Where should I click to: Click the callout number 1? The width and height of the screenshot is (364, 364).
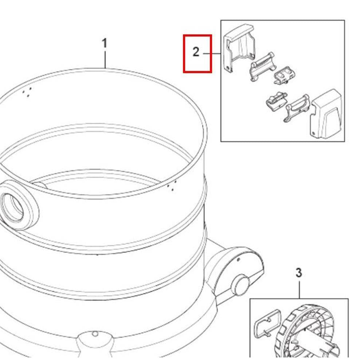(105, 43)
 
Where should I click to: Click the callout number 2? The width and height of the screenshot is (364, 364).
(196, 52)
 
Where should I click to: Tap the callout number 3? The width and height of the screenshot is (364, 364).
(299, 273)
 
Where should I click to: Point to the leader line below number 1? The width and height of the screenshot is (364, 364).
(105, 60)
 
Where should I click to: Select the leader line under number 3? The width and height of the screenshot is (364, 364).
(299, 290)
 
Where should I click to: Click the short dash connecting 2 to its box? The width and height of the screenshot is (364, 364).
(212, 54)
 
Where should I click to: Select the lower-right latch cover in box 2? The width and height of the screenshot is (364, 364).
(326, 114)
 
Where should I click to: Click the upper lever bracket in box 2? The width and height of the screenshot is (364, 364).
(262, 67)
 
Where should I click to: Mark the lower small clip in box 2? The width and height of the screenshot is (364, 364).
(277, 101)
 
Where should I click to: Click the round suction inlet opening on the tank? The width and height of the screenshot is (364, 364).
(13, 207)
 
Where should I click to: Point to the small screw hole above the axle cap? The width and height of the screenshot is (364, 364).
(239, 260)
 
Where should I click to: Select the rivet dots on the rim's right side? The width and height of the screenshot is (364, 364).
(172, 186)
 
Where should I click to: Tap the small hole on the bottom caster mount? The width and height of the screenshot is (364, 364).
(95, 334)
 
